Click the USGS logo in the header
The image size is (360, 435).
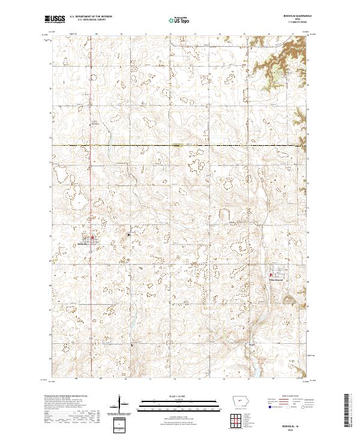click(55, 19)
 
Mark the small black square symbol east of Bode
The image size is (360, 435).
click(130, 235)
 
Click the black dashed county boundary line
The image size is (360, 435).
click(180, 145)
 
